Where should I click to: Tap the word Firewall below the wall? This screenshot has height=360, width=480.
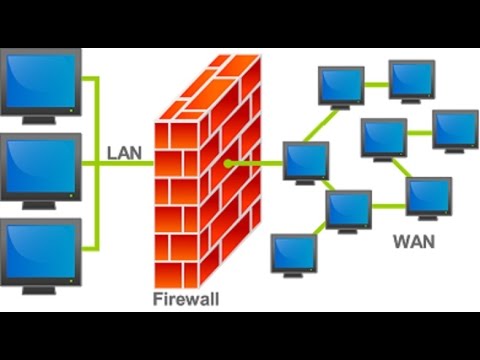[186, 299]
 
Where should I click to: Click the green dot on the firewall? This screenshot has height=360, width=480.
[229, 161]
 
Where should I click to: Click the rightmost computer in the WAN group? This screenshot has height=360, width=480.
[454, 127]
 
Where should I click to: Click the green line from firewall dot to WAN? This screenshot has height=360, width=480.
[258, 161]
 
